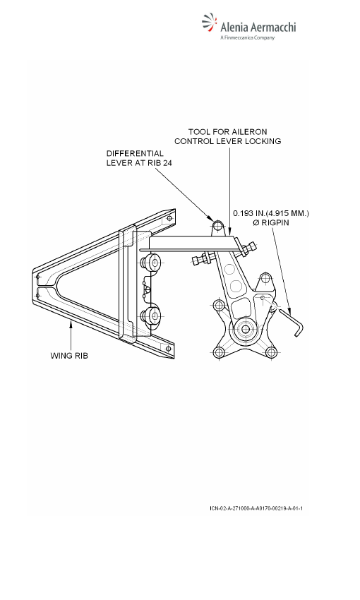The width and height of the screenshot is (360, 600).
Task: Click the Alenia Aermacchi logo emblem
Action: (210, 23)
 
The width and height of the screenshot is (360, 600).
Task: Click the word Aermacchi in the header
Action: (273, 27)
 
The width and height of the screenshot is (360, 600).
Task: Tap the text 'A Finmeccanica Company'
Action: (248, 37)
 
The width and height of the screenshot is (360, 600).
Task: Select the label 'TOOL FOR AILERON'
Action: (227, 132)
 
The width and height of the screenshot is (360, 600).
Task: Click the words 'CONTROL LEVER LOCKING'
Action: (227, 141)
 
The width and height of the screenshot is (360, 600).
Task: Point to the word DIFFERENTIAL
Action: (135, 153)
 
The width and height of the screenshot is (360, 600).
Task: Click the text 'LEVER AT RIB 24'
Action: (139, 162)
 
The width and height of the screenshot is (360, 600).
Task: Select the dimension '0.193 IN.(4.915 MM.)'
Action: (271, 213)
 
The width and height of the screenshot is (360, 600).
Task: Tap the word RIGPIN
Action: (275, 222)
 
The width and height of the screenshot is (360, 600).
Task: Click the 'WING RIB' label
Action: (69, 356)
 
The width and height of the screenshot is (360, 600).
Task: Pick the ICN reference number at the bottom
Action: (256, 508)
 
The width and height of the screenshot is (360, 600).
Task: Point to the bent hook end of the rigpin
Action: (298, 328)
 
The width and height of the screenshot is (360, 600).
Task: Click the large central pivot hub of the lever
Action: (244, 329)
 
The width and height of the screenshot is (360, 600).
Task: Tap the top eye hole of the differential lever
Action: (217, 226)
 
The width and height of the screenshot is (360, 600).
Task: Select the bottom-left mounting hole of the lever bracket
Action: (219, 352)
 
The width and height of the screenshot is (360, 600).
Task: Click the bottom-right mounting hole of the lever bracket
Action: (270, 352)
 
